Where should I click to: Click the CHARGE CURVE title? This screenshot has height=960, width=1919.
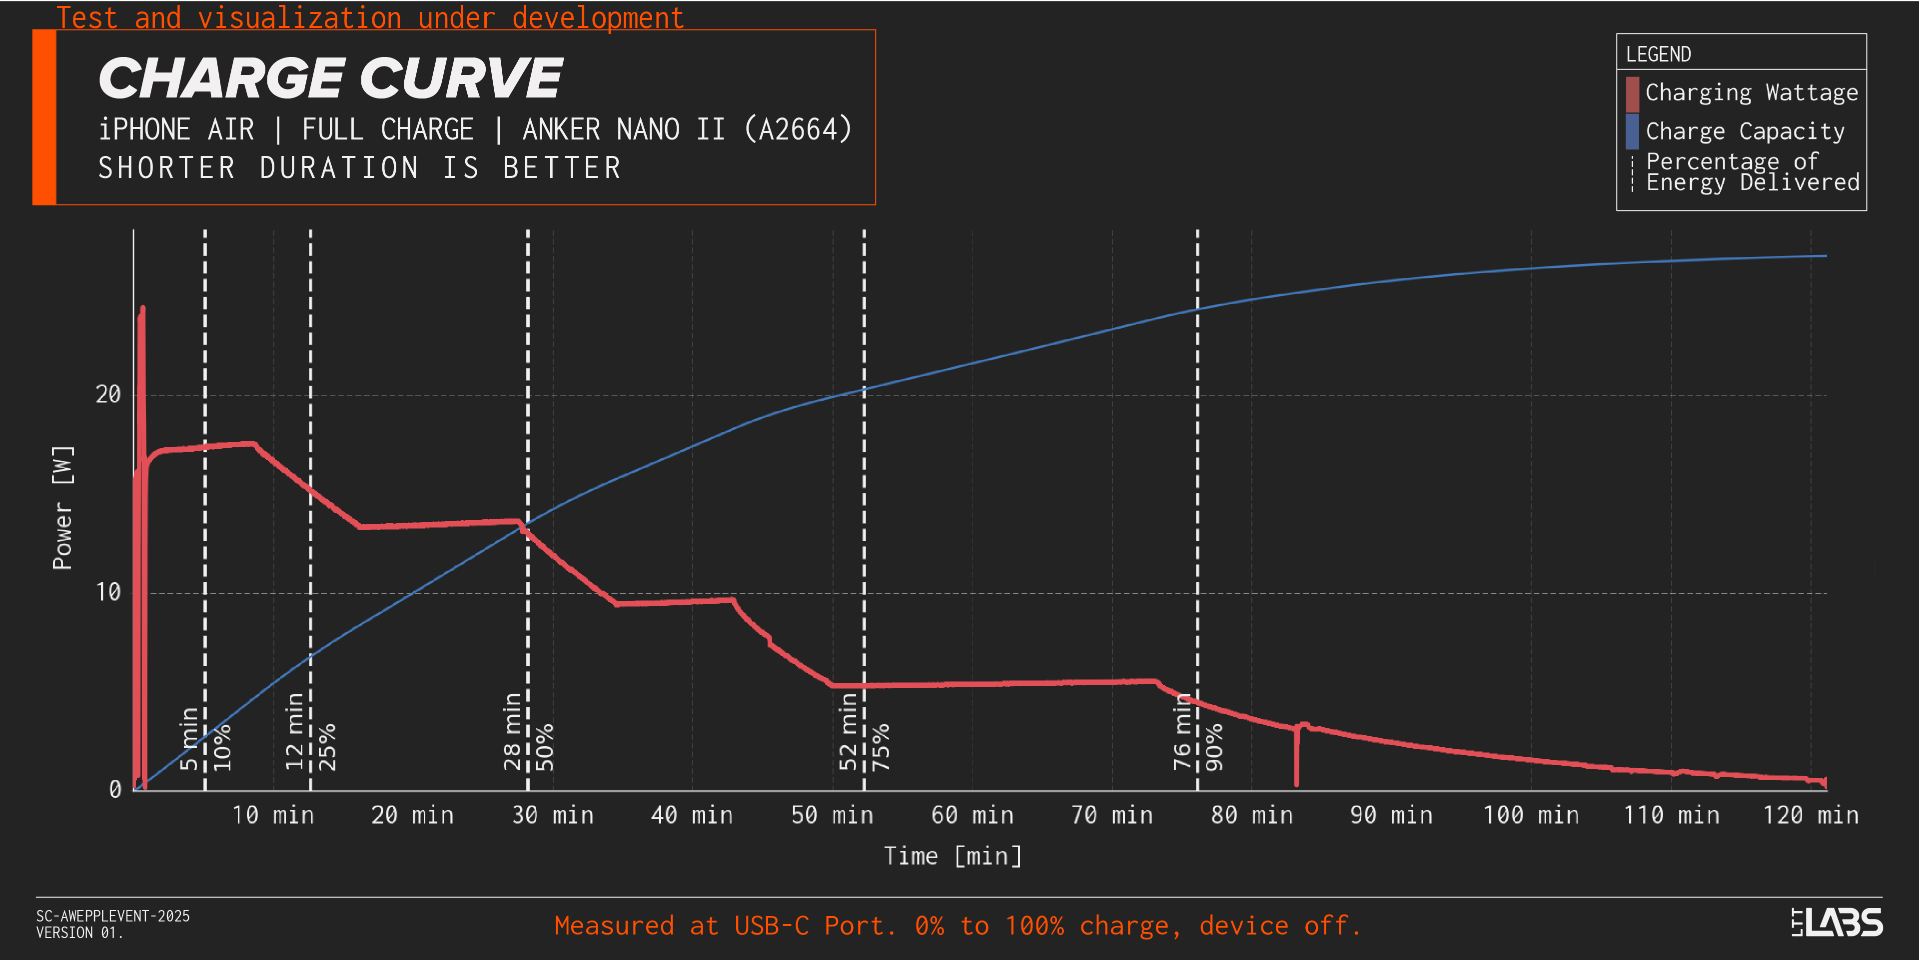(x=330, y=78)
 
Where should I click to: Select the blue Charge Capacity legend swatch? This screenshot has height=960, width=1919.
(x=1632, y=131)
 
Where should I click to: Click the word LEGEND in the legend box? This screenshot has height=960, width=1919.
(x=1658, y=54)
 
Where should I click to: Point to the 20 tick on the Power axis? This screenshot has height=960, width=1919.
(x=108, y=394)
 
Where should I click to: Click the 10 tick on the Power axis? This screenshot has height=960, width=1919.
(x=108, y=592)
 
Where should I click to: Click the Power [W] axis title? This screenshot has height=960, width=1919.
(x=62, y=507)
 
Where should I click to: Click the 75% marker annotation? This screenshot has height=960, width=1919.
(x=881, y=747)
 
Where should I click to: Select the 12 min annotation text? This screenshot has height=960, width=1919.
(x=295, y=731)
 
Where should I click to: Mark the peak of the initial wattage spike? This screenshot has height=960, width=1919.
(x=142, y=308)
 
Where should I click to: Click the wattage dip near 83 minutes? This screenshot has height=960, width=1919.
(x=1296, y=782)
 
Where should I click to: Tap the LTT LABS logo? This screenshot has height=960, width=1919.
(x=1837, y=922)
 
